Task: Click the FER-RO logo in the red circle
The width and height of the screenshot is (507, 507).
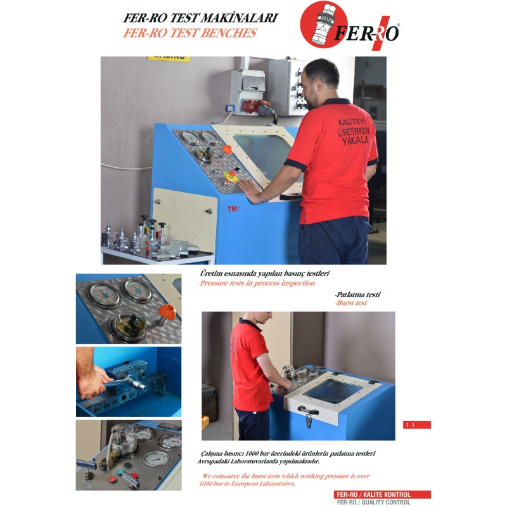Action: tap(349, 26)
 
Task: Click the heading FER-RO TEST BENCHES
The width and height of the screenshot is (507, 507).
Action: tap(189, 33)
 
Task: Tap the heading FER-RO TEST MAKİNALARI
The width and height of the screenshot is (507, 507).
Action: tap(200, 18)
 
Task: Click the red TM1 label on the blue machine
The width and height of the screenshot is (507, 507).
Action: tap(233, 209)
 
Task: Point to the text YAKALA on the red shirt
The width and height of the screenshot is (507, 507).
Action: tap(355, 140)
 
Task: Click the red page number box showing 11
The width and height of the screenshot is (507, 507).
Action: tap(417, 425)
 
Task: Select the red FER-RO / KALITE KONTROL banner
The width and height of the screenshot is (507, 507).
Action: tap(382, 494)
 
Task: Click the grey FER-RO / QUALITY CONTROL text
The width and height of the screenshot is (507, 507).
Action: tap(373, 502)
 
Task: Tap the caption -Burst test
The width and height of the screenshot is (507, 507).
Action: tap(351, 303)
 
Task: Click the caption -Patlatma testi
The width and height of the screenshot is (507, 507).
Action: tap(357, 295)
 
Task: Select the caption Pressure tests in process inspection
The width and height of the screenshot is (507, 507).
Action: tap(257, 283)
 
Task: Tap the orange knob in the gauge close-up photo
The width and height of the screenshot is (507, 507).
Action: tap(167, 312)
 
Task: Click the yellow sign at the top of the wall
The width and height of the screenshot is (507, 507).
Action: tap(169, 59)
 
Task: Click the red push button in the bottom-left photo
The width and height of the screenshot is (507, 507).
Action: tap(112, 479)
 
